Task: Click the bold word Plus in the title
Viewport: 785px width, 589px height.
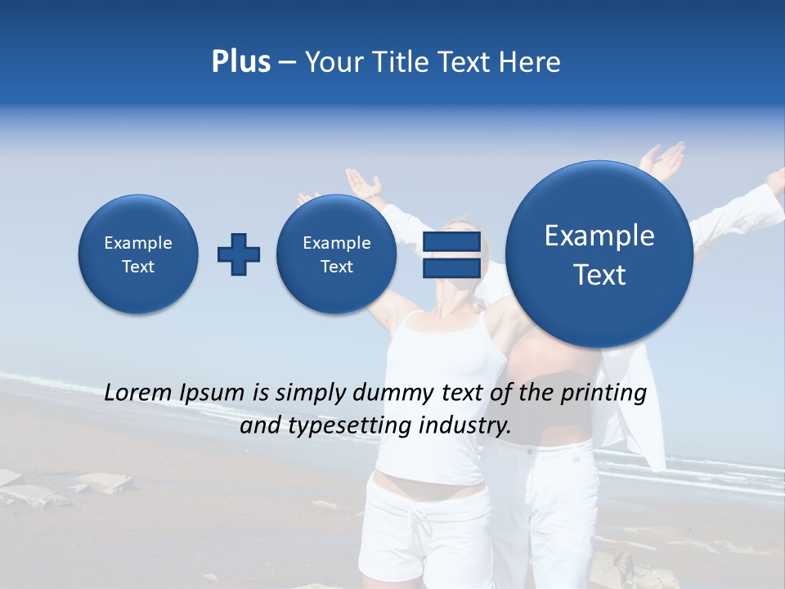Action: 240,62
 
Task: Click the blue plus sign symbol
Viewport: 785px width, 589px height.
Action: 239,254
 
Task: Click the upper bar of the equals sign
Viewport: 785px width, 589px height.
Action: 451,242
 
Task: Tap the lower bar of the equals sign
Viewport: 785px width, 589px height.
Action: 451,268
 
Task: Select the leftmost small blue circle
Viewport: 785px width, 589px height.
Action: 138,254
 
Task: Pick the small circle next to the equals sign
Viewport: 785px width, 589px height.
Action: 337,254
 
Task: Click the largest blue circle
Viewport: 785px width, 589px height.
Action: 599,254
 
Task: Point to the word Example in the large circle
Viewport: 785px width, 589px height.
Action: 599,236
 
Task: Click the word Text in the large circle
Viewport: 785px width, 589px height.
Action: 599,275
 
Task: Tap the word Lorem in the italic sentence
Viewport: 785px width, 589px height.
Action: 139,393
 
